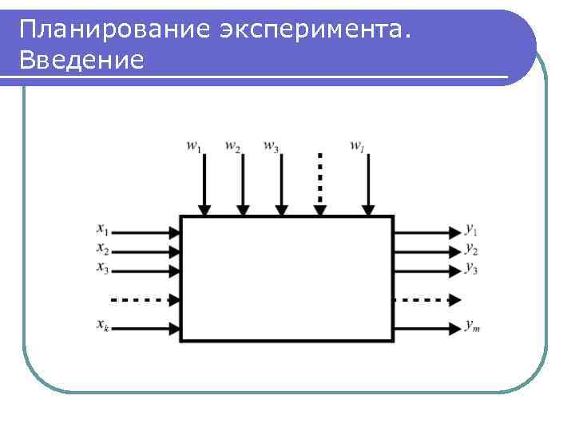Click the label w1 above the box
coord(194,146)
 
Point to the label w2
coord(233,146)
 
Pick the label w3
coord(272,146)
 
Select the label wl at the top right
coord(357,146)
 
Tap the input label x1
coord(103,228)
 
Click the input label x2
coord(103,248)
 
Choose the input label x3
coord(103,267)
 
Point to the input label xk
coord(103,325)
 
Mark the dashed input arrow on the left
coord(144,300)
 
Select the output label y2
coord(472,248)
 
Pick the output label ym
coord(473,326)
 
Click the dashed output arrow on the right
coord(427,300)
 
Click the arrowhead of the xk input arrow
coord(175,327)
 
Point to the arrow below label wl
coord(368,184)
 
